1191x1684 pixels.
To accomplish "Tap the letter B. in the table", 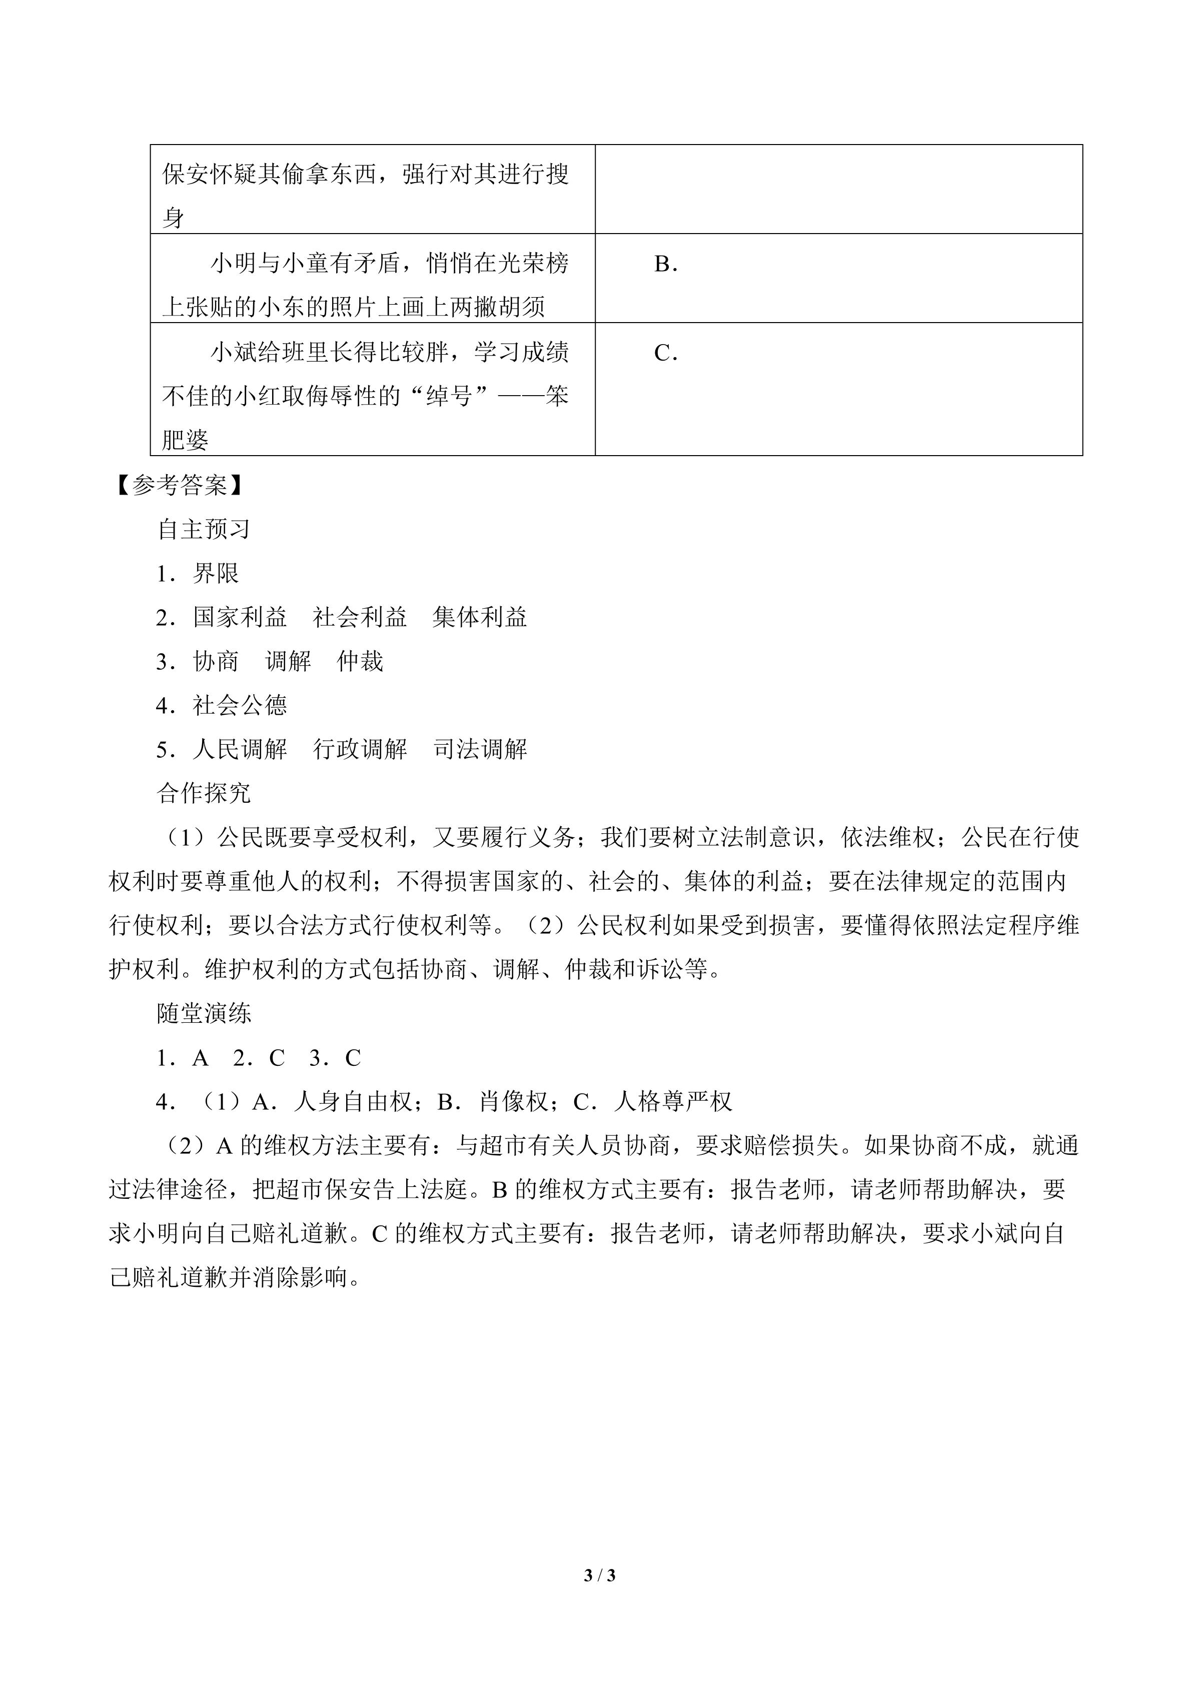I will (665, 264).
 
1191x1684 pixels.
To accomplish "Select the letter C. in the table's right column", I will (665, 354).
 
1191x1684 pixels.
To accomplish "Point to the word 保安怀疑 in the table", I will (210, 175).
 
